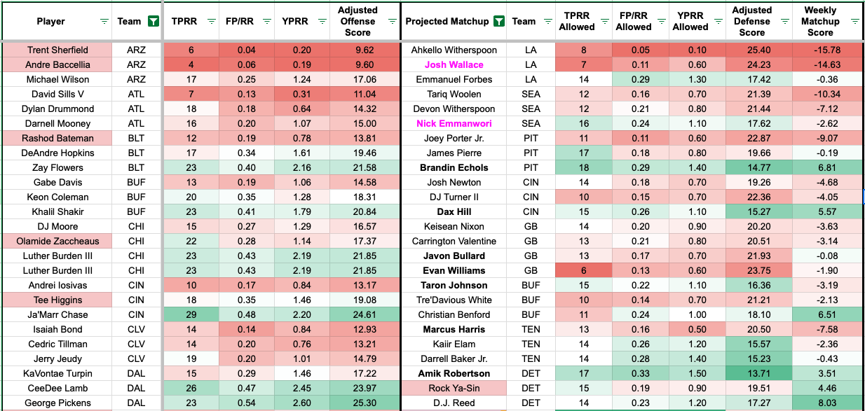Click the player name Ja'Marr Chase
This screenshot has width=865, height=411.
tap(57, 314)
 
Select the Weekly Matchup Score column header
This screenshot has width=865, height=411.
tap(819, 21)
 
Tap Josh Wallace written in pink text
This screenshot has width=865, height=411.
tap(454, 64)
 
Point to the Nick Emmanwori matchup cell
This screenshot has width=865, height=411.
tap(454, 123)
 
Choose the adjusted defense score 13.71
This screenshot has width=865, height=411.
tap(751, 373)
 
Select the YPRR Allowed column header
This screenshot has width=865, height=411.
tap(690, 21)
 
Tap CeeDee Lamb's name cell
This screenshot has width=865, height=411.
tap(57, 388)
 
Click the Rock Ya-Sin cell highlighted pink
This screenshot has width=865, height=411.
tap(454, 388)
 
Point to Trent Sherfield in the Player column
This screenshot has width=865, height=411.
tap(57, 50)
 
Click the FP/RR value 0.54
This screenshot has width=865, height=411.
tap(245, 403)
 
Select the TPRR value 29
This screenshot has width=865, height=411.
tap(191, 314)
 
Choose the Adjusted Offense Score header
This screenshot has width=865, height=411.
tap(357, 21)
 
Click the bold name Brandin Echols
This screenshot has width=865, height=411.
tap(454, 167)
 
